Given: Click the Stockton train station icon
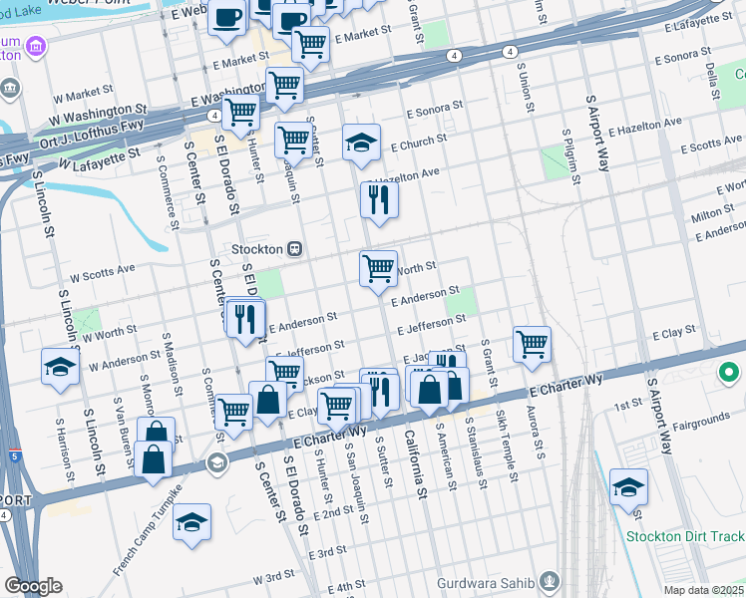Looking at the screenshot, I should [x=294, y=248].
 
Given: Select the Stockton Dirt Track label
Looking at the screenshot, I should [x=685, y=536].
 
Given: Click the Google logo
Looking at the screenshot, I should [x=33, y=586].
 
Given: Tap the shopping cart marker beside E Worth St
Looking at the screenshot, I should [x=378, y=268].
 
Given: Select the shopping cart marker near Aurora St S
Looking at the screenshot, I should [x=533, y=344].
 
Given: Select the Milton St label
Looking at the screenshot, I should [x=712, y=214].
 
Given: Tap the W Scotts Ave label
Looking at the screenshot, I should [x=101, y=270].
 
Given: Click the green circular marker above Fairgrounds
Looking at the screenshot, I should [x=729, y=374].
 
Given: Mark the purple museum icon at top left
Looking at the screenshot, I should [x=37, y=46].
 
